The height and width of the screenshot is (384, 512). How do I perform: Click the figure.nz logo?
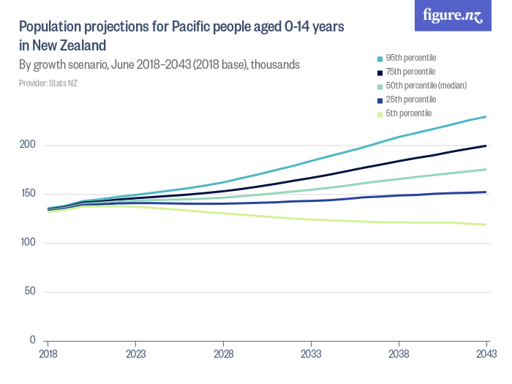pyautogui.click(x=453, y=16)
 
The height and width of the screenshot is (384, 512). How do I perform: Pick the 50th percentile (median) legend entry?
pyautogui.click(x=421, y=86)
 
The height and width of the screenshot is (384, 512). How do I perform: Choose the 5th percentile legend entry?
pyautogui.click(x=407, y=113)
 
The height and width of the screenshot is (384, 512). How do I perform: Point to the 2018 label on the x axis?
pyautogui.click(x=48, y=353)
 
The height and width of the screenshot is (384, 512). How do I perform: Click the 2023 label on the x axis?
pyautogui.click(x=135, y=353)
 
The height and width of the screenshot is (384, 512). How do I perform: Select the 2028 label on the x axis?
pyautogui.click(x=223, y=353)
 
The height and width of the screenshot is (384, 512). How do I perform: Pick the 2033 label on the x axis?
pyautogui.click(x=311, y=353)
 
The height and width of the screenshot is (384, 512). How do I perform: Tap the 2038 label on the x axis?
pyautogui.click(x=399, y=353)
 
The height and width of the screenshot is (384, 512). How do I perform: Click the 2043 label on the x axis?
pyautogui.click(x=486, y=353)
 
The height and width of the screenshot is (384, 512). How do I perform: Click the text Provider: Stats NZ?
pyautogui.click(x=48, y=83)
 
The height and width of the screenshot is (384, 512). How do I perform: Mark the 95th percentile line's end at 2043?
pyautogui.click(x=486, y=116)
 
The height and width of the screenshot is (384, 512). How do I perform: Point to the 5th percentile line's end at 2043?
pyautogui.click(x=486, y=225)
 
